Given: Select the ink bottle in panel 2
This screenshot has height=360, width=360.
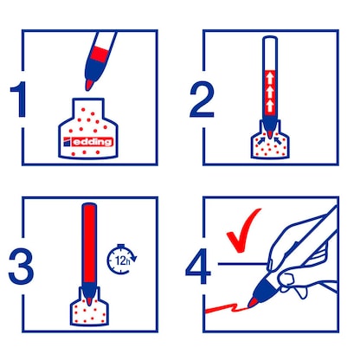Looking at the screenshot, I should point(267,147).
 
